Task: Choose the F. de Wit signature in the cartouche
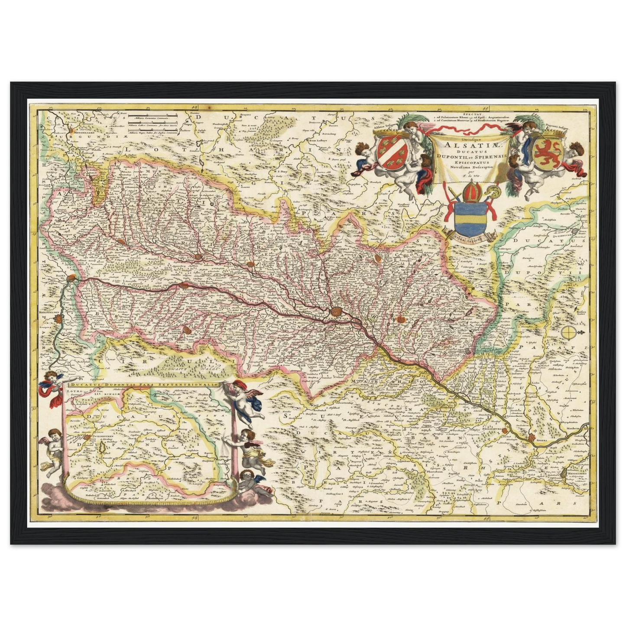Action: pos(466,176)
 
